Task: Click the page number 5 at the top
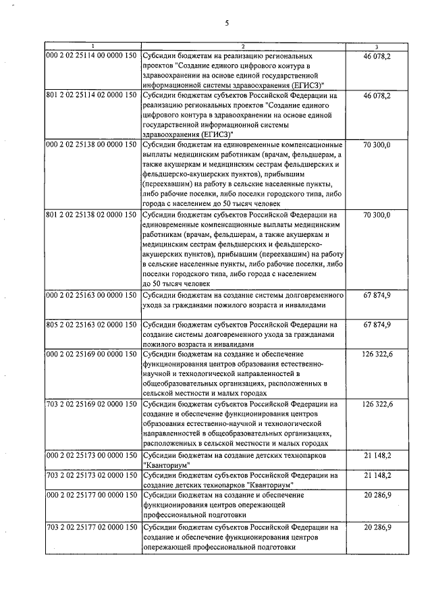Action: pyautogui.click(x=227, y=22)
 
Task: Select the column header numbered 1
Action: pyautogui.click(x=93, y=46)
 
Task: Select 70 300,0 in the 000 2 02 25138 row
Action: pyautogui.click(x=377, y=144)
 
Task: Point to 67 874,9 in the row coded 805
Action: pyautogui.click(x=377, y=325)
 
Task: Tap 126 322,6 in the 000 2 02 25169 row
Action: pyautogui.click(x=377, y=353)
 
